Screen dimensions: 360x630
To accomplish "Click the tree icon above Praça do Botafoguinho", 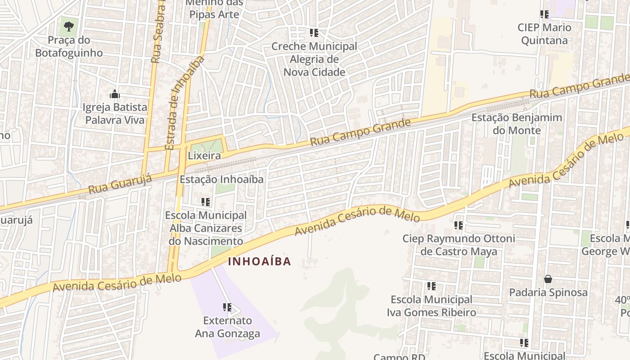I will [x=68, y=27].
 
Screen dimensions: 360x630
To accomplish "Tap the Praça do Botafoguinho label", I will [x=69, y=46].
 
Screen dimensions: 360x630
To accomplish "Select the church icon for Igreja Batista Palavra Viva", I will [x=115, y=94].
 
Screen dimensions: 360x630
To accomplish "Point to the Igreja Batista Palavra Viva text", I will [x=115, y=113].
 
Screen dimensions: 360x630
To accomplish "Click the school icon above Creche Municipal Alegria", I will [x=314, y=33].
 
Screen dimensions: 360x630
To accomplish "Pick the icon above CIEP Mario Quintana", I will [x=544, y=14].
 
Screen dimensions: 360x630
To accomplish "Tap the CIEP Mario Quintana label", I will [x=544, y=34].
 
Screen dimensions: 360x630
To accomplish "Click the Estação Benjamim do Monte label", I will [x=517, y=124].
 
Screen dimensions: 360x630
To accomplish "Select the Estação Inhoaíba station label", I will [x=221, y=179].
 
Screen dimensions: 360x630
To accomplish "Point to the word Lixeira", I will [x=204, y=156].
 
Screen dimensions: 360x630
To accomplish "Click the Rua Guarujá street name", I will [x=120, y=184].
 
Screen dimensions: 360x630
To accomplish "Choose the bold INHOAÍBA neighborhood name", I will [x=259, y=261].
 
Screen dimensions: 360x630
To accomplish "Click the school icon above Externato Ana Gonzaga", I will [x=227, y=307].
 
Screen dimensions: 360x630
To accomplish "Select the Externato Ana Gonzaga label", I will [x=227, y=327].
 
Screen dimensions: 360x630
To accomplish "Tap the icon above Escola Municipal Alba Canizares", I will [x=206, y=202].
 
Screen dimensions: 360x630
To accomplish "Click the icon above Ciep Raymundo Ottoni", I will [x=459, y=225].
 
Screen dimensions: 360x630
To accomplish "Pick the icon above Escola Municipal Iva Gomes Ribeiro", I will [x=432, y=286].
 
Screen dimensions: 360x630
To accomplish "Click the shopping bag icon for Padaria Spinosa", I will [x=548, y=279].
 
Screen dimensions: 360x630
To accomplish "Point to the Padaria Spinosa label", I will [x=548, y=292].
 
